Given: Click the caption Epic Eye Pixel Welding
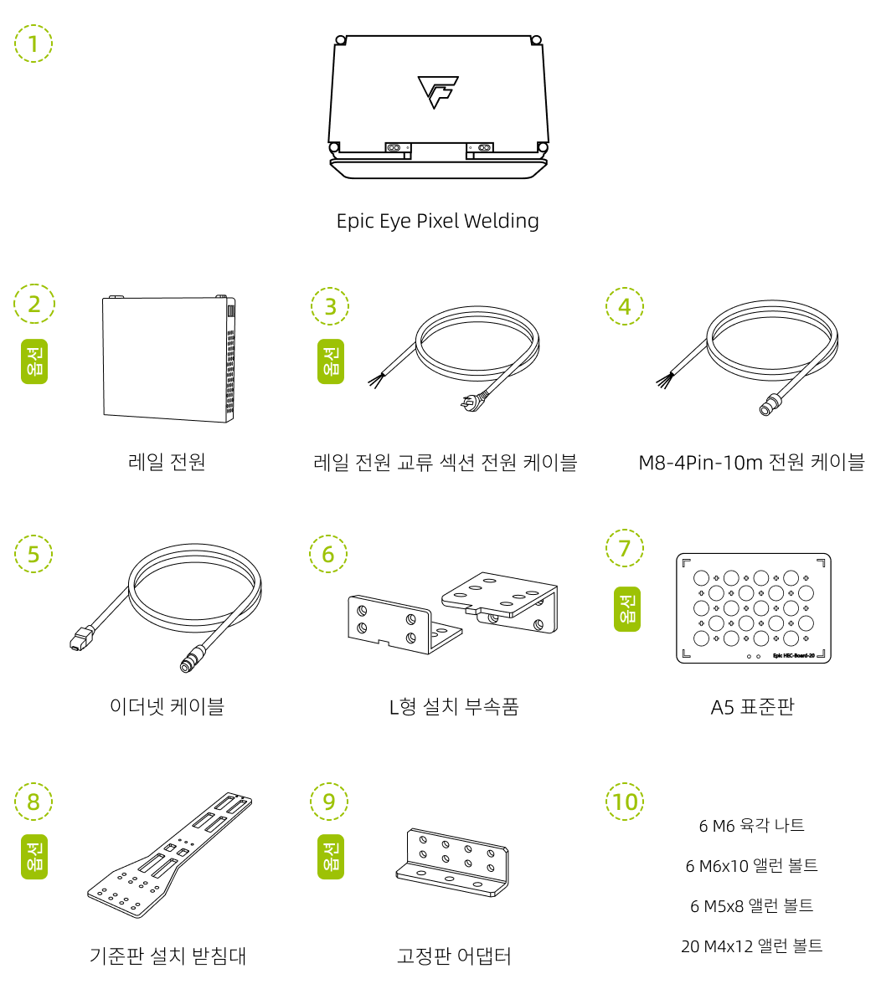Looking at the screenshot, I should pos(437,221).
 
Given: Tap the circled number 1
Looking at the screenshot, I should pos(33,44).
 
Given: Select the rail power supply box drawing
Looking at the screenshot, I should pos(168,357).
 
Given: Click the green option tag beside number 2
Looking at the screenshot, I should pos(34,361).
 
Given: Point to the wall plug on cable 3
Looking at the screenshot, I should pos(467,405).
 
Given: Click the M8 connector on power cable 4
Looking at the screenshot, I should pos(765,408).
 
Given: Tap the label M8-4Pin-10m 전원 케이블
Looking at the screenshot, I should pos(751,462).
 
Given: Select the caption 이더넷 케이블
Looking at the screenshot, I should pos(167,707).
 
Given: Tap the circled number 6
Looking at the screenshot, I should pos(327,554).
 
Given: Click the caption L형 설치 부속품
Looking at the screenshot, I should pos(454,707).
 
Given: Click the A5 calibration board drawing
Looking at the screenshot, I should pos(753,608).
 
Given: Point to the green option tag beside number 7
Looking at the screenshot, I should pos(626,608).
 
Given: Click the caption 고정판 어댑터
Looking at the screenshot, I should pos(454,956).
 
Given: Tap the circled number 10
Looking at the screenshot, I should pos(625,802).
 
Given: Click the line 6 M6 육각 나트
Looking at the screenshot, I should pos(751,826).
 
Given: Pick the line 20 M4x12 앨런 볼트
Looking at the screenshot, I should pos(751,946).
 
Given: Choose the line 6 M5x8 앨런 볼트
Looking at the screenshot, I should pos(751,906).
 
